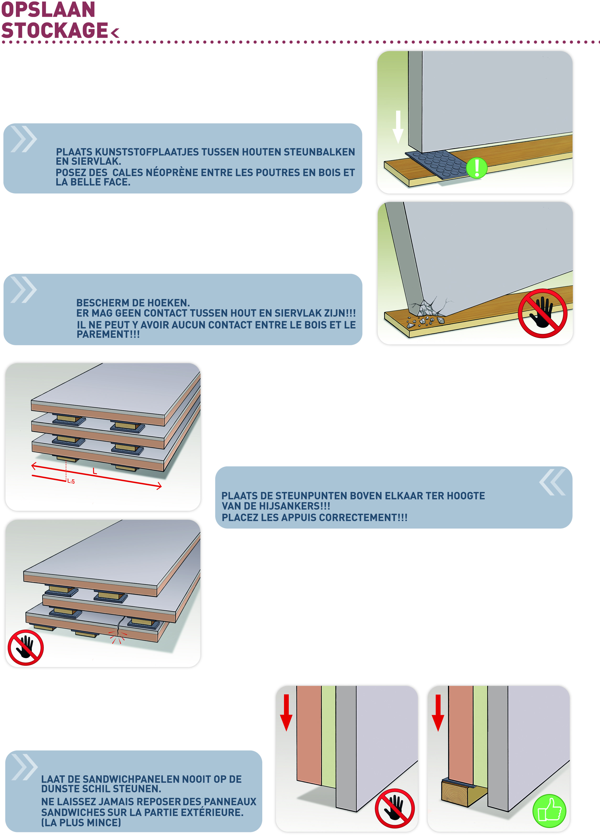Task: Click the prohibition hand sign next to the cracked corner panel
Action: [x=542, y=313]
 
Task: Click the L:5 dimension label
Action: [x=71, y=481]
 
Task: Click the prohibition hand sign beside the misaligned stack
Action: [x=26, y=647]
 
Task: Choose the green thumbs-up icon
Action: [x=549, y=811]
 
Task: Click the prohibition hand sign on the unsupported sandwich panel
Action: [x=395, y=809]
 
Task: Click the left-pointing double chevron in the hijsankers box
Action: [x=552, y=482]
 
